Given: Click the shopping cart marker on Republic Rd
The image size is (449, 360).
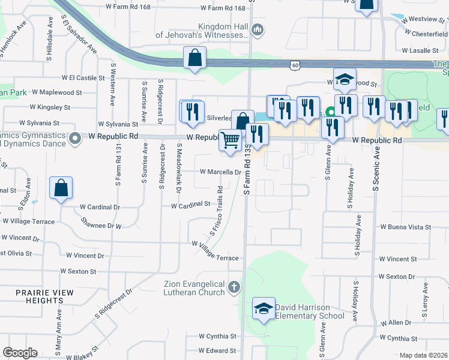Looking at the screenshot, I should pyautogui.click(x=231, y=141).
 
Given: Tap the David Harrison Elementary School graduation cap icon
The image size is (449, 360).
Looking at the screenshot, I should pyautogui.click(x=264, y=308).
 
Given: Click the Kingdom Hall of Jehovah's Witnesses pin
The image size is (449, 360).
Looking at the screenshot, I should pyautogui.click(x=258, y=29).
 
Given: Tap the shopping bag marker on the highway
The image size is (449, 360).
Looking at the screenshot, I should pyautogui.click(x=194, y=58).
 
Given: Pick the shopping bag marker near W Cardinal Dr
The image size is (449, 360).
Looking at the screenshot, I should pyautogui.click(x=61, y=188).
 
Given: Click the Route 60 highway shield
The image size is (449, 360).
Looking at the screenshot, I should pyautogui.click(x=294, y=64).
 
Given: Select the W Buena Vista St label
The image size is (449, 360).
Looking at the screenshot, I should pyautogui.click(x=405, y=227).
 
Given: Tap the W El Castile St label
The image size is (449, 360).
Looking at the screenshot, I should pyautogui.click(x=83, y=78).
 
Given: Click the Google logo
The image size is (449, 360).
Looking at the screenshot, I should pyautogui.click(x=20, y=353).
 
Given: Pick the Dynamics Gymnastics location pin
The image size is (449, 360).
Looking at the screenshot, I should pyautogui.click(x=75, y=139).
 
